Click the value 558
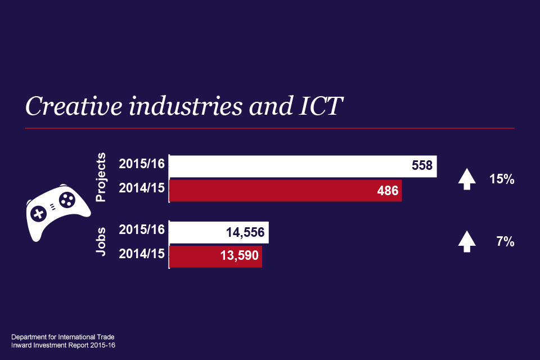422,166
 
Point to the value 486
388,191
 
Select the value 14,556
244,232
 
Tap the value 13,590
238,256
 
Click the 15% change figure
502,180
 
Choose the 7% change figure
505,242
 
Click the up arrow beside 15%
467,179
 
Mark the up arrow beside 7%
467,242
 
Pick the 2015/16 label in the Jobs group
142,230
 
